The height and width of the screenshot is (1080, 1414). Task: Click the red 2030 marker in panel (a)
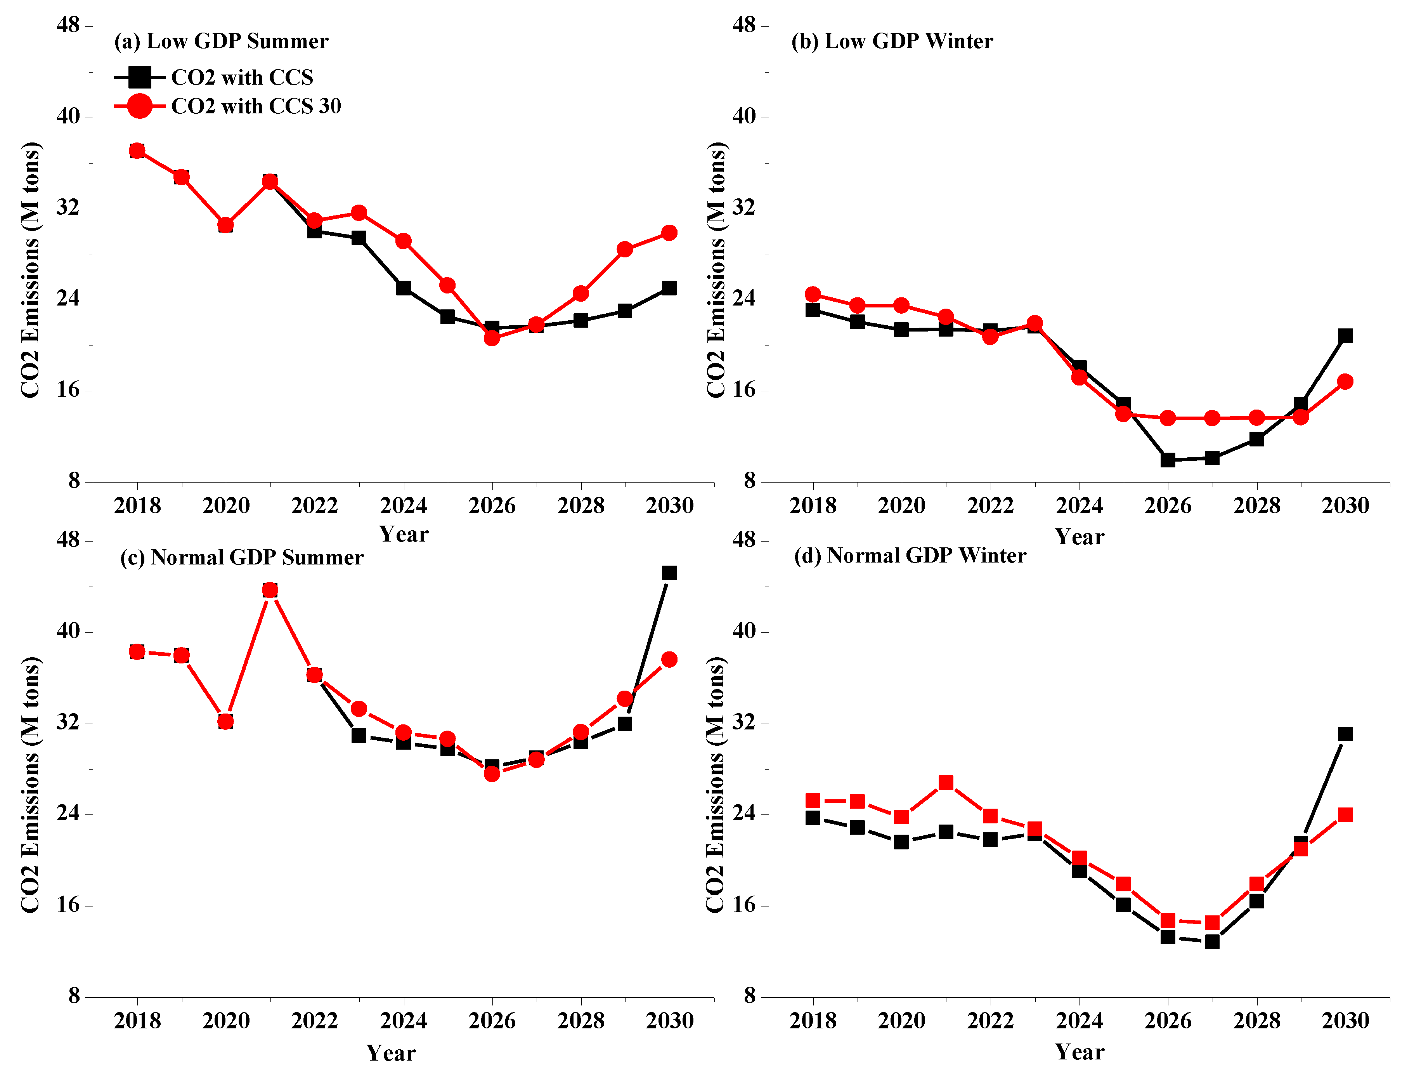(x=669, y=233)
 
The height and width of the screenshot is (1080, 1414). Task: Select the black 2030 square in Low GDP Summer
(x=669, y=288)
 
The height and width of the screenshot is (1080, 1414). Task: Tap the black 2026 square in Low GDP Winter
(x=1168, y=460)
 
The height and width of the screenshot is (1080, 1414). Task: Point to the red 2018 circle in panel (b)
(x=813, y=294)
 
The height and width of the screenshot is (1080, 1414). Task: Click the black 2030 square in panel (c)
(x=669, y=573)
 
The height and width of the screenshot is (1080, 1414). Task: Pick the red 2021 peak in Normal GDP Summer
(x=270, y=590)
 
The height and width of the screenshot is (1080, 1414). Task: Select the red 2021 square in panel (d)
(x=946, y=782)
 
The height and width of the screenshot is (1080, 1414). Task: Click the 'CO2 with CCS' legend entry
(x=214, y=77)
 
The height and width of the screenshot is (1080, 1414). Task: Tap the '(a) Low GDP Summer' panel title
(x=221, y=41)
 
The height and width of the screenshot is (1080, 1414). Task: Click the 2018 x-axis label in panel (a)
(x=137, y=506)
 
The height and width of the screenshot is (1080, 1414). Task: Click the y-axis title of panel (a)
(x=30, y=270)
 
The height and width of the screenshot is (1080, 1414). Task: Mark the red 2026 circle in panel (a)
(x=492, y=338)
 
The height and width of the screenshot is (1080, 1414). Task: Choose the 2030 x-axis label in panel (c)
(x=669, y=1021)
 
